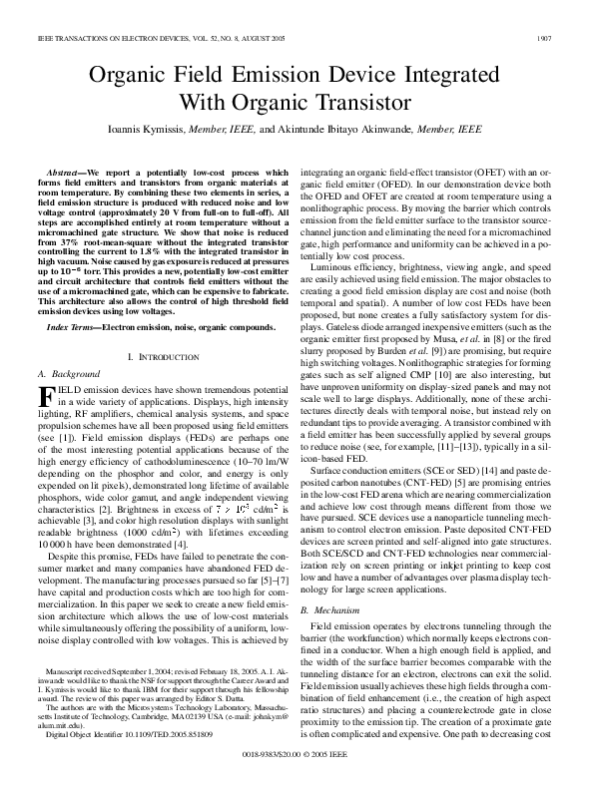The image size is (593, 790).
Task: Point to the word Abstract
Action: (67, 173)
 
